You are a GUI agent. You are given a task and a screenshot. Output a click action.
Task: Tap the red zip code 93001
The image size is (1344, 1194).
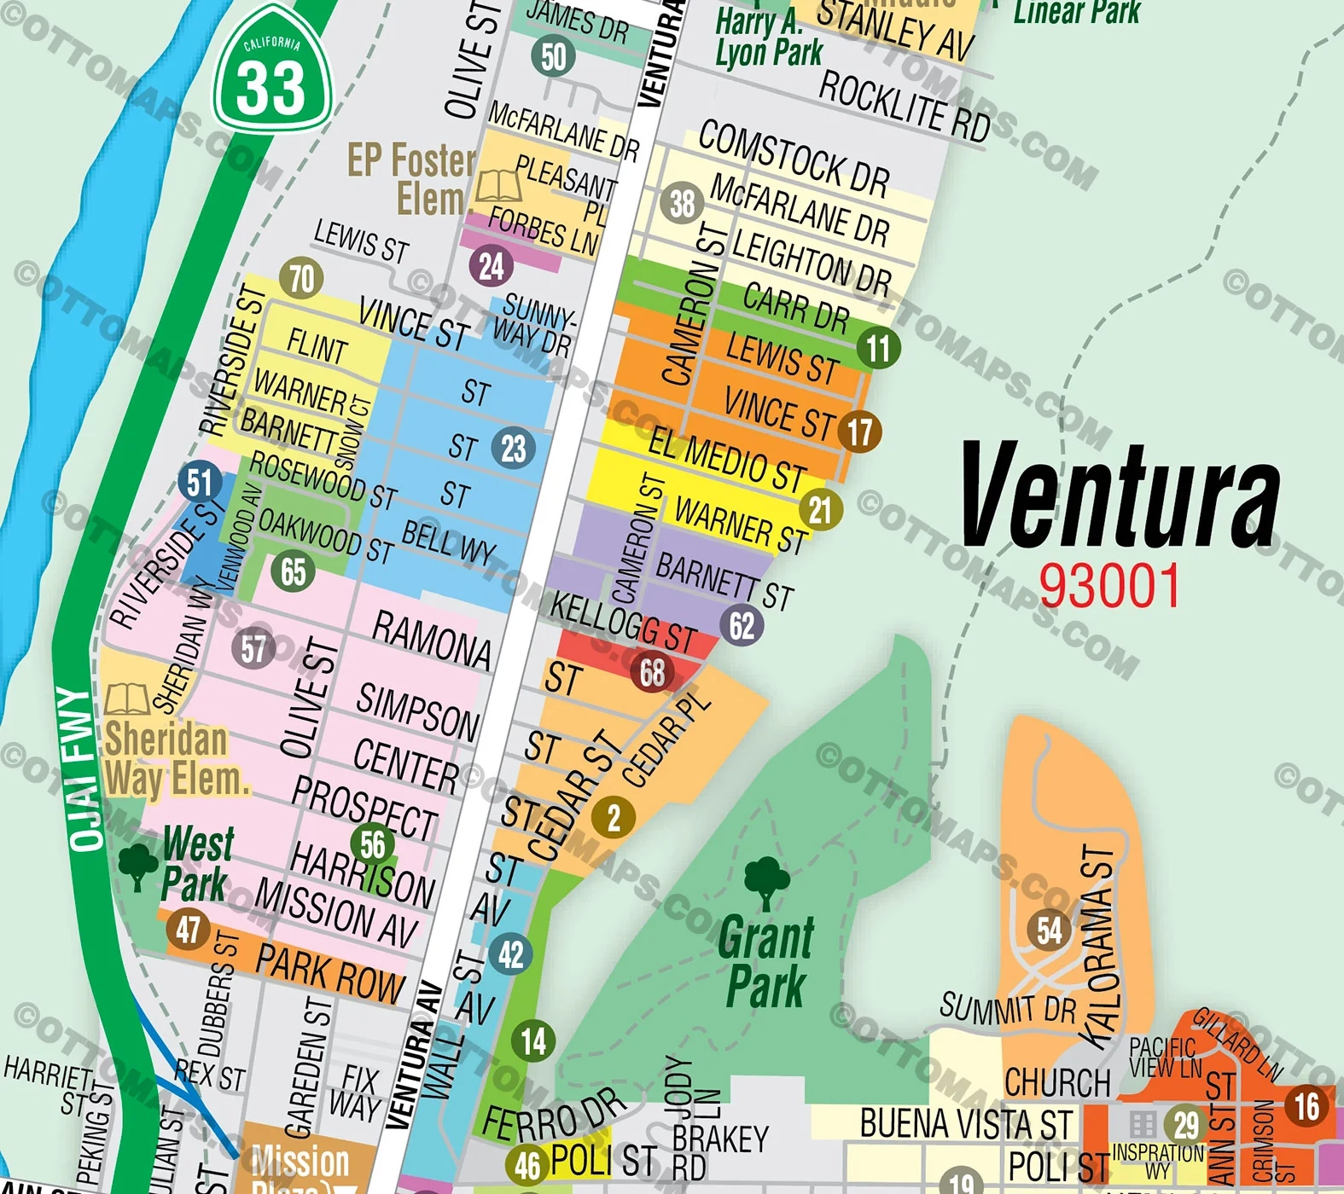coord(1108,586)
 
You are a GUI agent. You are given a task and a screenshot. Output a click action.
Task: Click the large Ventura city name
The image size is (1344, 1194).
coord(1120,497)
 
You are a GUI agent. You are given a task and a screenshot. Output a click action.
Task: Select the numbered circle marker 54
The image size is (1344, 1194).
coord(1050,930)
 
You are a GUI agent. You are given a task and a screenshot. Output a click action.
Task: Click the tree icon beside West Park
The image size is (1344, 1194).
coord(137,866)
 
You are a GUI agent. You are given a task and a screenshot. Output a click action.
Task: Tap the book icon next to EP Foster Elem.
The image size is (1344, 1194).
coord(498,185)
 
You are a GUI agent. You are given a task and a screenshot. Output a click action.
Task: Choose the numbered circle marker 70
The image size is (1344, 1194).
coord(301,278)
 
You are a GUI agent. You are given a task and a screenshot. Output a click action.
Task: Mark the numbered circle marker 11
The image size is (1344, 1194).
coord(878,348)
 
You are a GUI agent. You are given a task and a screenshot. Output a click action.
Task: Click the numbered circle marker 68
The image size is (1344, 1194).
coord(653,673)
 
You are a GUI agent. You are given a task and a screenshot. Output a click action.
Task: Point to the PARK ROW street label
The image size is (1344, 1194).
coord(329,974)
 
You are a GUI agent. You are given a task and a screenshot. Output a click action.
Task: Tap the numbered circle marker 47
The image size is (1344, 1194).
coord(189,929)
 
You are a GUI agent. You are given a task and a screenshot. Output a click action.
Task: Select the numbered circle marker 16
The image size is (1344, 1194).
coord(1306,1106)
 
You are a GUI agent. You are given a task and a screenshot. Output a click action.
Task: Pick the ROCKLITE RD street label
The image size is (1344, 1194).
coord(904,106)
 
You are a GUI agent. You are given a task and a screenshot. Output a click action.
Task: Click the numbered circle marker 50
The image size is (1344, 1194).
coord(553,56)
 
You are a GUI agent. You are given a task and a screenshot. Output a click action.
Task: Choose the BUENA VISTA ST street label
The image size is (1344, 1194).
coord(965,1123)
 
